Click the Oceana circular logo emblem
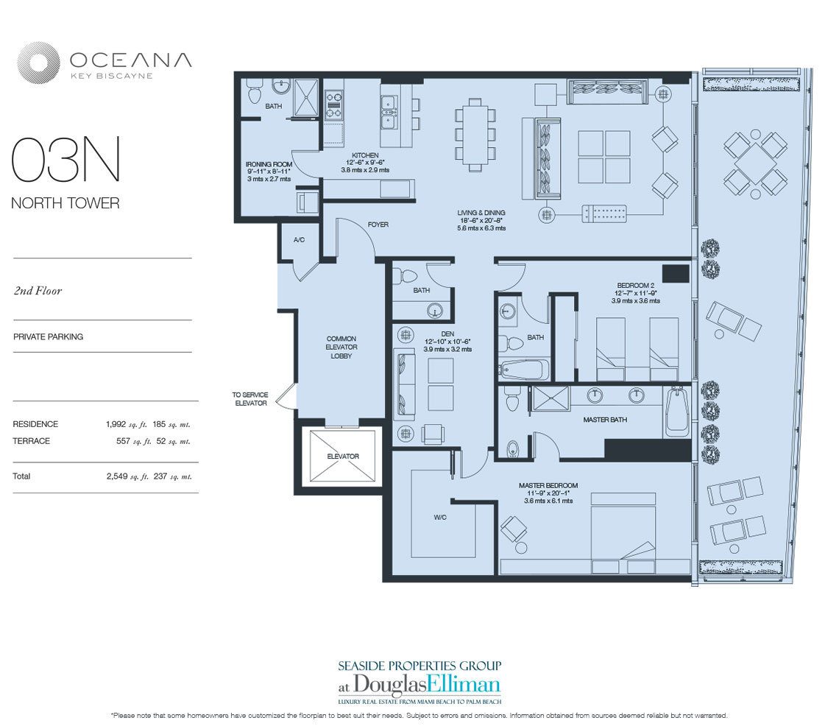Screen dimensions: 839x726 click(38, 63)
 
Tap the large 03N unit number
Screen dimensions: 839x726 click(66, 160)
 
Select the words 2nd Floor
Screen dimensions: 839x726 click(38, 291)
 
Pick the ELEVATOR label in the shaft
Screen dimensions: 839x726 click(343, 457)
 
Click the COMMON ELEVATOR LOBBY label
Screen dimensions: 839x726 click(341, 347)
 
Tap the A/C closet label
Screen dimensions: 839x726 click(299, 240)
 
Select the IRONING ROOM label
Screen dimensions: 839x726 click(269, 164)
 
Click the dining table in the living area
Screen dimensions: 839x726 click(475, 135)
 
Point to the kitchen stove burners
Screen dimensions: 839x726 click(334, 105)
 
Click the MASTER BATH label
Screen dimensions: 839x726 click(605, 420)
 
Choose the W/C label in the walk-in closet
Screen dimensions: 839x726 click(440, 517)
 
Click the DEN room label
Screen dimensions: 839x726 click(448, 334)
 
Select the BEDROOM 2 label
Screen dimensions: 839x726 click(636, 286)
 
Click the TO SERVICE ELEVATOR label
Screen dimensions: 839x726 click(250, 399)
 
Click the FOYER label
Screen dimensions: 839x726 click(378, 225)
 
